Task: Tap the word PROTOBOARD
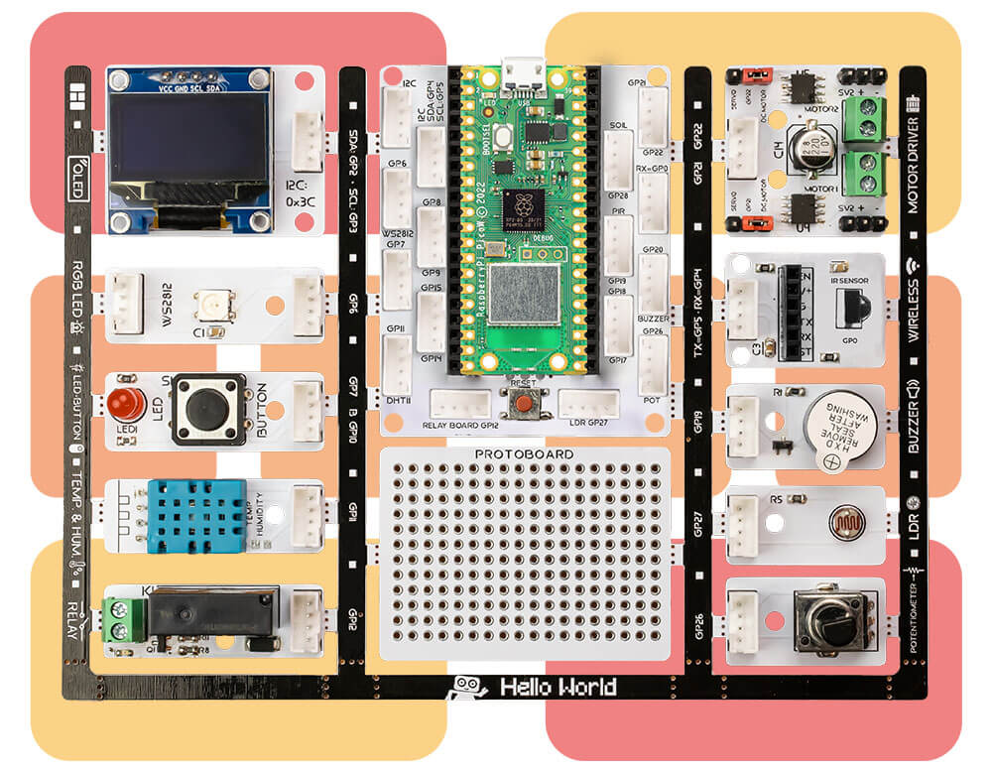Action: point(524,455)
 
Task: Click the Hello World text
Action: point(558,687)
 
